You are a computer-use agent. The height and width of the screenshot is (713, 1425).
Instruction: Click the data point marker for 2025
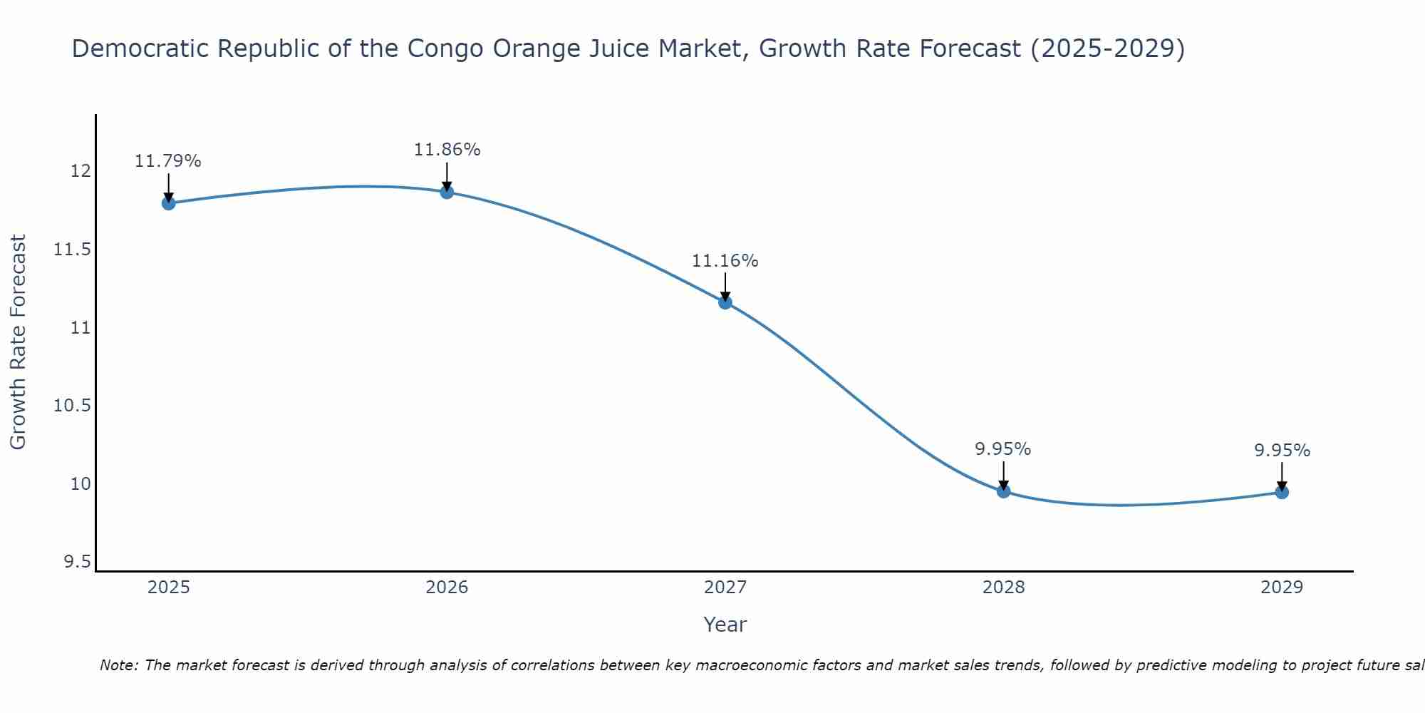coord(168,203)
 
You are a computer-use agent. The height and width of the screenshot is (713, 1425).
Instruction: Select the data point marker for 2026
coord(447,192)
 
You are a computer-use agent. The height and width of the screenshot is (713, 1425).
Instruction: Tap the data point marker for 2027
coord(725,302)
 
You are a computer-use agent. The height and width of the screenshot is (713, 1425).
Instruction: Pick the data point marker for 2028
coord(1003,491)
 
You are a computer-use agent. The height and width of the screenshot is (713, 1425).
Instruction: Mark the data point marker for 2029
coord(1282,492)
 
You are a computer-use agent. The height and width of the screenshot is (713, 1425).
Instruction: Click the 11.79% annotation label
coord(168,161)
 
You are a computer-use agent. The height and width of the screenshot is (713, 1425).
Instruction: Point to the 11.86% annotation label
coord(447,150)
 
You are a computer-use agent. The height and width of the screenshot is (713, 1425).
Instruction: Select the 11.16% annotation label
coord(725,261)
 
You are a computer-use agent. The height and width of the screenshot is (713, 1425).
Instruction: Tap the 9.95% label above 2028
coord(1003,449)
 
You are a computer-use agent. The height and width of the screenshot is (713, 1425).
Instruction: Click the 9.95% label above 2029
coord(1282,451)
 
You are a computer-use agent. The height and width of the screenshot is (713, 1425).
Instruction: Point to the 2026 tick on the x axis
coord(447,588)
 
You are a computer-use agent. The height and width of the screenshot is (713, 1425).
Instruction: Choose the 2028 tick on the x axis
coord(1003,588)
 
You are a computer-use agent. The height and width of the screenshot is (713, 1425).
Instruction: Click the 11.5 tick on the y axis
coord(73,250)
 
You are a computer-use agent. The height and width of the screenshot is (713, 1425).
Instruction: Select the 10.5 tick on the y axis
coord(73,406)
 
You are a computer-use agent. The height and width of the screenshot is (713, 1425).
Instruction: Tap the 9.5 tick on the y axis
coord(77,563)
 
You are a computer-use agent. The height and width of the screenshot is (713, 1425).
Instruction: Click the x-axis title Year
coord(725,625)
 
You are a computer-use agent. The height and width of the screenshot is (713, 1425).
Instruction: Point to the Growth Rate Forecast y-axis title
coord(18,342)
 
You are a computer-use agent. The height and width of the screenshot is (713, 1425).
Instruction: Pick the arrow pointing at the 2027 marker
coord(725,287)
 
